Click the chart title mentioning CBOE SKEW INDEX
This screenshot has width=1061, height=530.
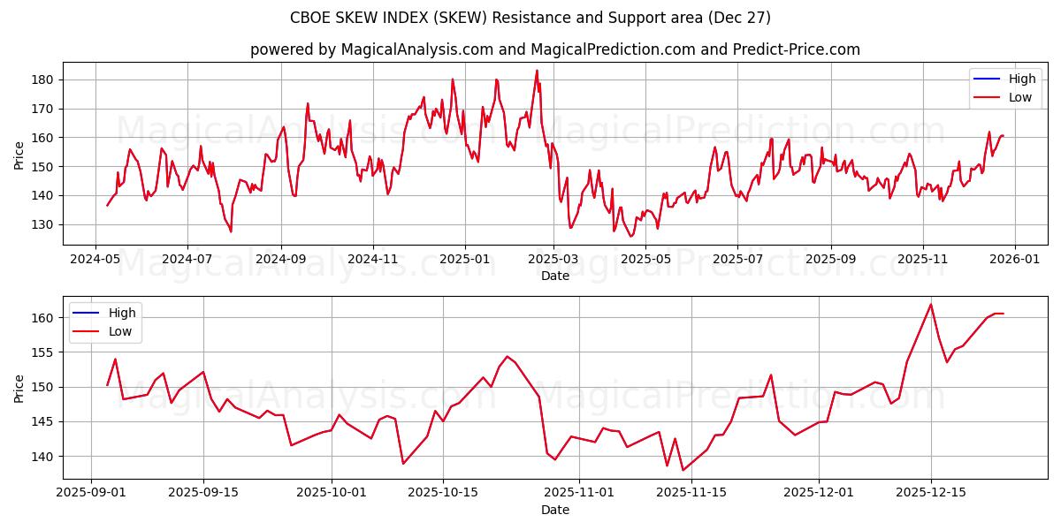[x=530, y=18]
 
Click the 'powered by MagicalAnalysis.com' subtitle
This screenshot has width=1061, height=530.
[x=554, y=49]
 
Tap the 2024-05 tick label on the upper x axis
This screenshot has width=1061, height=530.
[x=95, y=260]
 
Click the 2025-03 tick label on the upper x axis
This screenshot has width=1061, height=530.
[x=553, y=260]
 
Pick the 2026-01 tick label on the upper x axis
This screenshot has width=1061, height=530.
[x=1013, y=260]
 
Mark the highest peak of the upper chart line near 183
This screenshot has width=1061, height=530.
[x=537, y=71]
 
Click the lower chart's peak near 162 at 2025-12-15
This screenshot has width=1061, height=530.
[x=931, y=305]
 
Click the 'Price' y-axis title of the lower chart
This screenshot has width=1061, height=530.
[x=19, y=388]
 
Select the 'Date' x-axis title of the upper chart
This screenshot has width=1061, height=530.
[x=554, y=276]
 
